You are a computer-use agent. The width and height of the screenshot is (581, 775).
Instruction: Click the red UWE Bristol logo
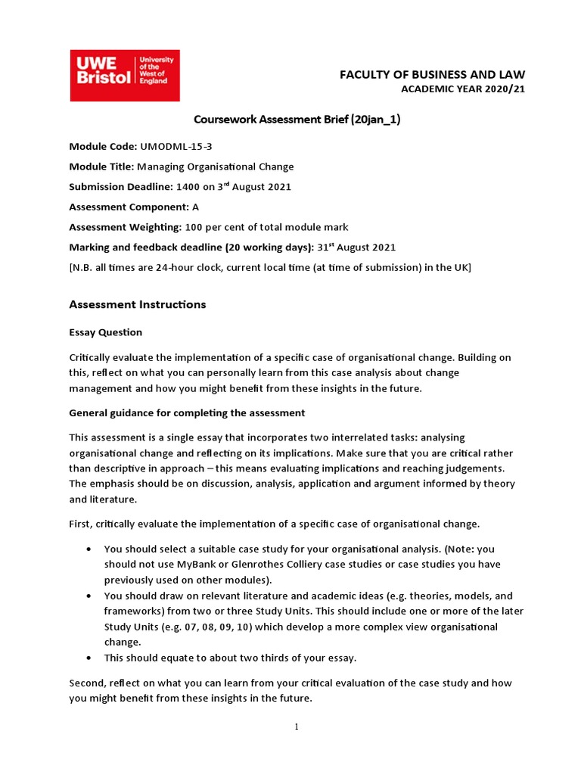click(125, 76)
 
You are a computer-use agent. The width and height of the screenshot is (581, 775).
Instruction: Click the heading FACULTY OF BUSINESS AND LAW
click(432, 74)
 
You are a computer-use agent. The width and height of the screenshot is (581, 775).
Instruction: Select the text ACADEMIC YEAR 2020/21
click(462, 89)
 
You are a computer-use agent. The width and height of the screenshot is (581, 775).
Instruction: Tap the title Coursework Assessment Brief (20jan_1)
click(297, 119)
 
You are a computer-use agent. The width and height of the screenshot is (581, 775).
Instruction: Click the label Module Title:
click(101, 167)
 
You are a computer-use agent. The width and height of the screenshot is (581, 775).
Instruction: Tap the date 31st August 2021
click(356, 247)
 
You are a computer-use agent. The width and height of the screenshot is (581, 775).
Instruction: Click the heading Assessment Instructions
click(137, 304)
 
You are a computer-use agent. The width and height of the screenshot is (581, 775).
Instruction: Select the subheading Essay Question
click(105, 332)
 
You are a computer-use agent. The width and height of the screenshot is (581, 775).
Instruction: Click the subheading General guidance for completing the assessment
click(187, 412)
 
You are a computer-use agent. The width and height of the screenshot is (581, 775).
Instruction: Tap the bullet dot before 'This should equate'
click(91, 658)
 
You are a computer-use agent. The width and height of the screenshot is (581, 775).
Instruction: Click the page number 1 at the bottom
click(297, 727)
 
